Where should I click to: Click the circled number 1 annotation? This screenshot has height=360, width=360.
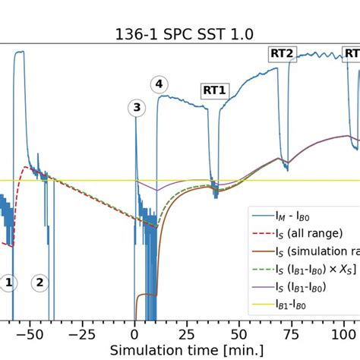click(x=8, y=283)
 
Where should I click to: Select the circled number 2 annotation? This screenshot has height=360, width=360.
click(x=39, y=283)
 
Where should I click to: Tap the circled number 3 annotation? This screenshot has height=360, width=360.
click(x=137, y=108)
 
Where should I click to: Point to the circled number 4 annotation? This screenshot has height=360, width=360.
click(x=158, y=84)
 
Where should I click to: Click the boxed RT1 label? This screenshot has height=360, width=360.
click(x=214, y=91)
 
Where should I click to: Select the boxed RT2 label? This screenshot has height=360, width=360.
click(x=283, y=53)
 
